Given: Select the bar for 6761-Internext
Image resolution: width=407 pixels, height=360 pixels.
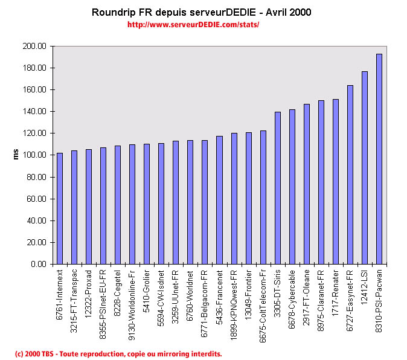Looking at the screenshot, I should click(60, 208).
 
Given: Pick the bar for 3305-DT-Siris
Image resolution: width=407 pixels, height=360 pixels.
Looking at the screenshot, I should click(278, 188).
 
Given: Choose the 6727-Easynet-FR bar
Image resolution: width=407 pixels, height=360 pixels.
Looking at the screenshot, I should click(350, 175).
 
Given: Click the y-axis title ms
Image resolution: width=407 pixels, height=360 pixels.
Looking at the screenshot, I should click(16, 155).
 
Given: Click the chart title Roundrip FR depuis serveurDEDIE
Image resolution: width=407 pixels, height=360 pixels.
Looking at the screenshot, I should click(201, 12).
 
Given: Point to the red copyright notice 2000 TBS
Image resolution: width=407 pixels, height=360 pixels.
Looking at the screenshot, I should click(118, 353).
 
